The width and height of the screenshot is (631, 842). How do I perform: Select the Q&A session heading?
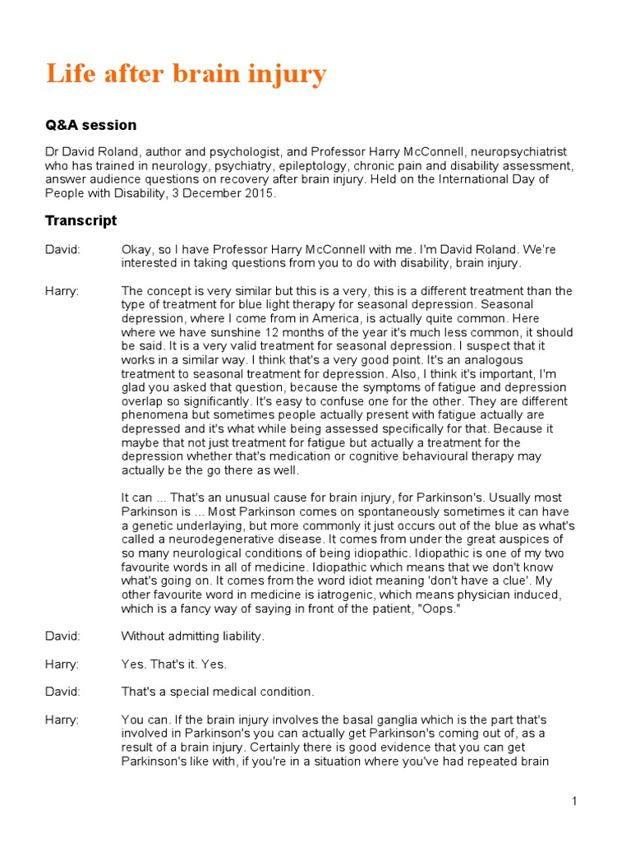90,125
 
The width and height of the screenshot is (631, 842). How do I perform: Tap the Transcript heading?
81,220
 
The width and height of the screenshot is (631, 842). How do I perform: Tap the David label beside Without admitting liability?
62,636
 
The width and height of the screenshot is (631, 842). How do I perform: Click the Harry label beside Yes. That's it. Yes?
62,664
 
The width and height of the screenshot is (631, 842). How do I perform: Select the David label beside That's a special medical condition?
62,692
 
